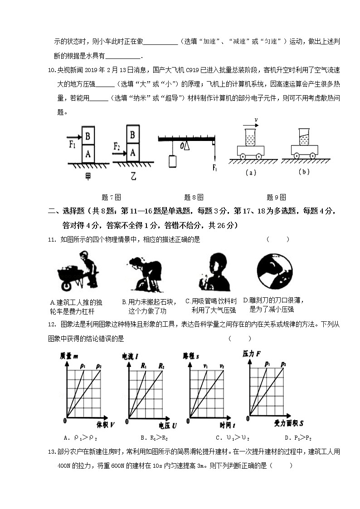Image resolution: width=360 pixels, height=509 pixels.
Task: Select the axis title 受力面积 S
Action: (289, 423)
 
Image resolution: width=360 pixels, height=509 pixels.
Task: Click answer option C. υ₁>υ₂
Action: (233, 438)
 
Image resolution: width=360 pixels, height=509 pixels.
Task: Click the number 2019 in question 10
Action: (92, 70)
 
